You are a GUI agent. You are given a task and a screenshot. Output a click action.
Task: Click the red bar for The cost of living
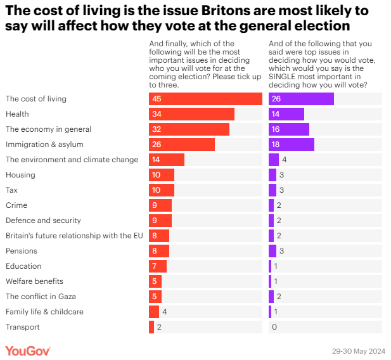tap(205, 99)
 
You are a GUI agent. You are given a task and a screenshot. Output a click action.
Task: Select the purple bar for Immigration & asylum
tap(291, 145)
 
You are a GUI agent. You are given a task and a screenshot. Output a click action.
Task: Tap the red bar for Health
tap(191, 114)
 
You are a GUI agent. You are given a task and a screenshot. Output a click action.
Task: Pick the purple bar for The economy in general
tap(288, 129)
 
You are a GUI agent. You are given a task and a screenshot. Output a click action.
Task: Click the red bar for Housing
tap(161, 175)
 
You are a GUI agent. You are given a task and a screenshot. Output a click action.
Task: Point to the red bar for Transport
tap(151, 327)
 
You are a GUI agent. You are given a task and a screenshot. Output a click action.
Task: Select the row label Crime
tap(16, 205)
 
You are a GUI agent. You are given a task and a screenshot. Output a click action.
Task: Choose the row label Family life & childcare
tap(44, 312)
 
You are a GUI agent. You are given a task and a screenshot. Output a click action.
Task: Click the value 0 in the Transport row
tap(274, 327)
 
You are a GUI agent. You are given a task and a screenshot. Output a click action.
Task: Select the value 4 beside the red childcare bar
tap(164, 312)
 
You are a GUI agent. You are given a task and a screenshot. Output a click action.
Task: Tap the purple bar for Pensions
tap(272, 251)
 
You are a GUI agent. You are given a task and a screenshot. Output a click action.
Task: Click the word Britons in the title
tap(210, 11)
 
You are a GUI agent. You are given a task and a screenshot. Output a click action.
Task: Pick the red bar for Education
tap(157, 266)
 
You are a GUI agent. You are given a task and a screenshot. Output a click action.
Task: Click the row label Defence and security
tap(43, 221)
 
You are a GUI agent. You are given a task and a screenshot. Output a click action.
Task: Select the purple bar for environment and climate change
tap(274, 160)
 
